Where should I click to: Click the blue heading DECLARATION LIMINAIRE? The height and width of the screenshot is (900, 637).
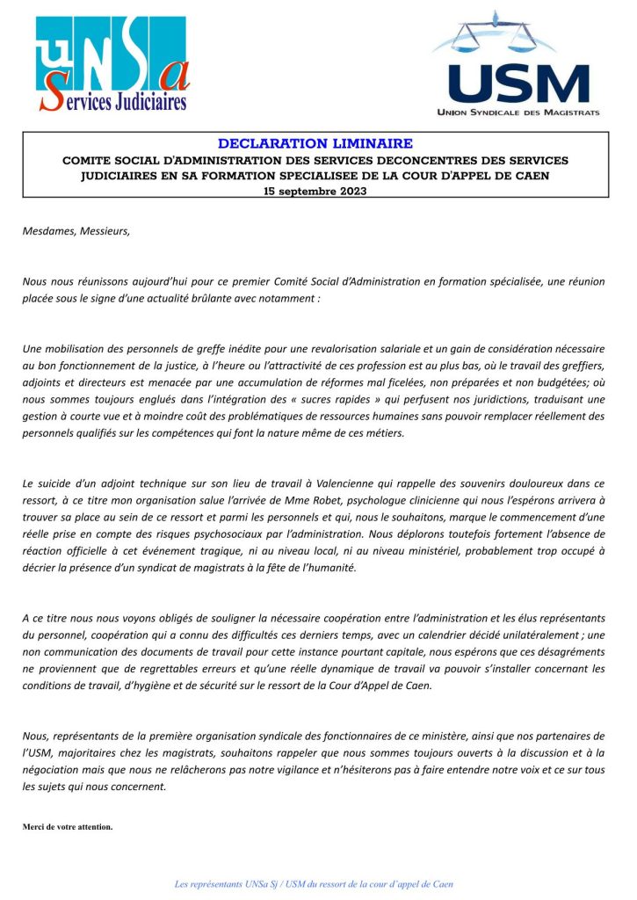315,142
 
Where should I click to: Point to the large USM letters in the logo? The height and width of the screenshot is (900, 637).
518,84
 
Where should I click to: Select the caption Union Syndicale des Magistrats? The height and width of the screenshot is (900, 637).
518,112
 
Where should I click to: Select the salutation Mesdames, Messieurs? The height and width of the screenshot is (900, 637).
76,232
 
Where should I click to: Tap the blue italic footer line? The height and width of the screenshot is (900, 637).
315,883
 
